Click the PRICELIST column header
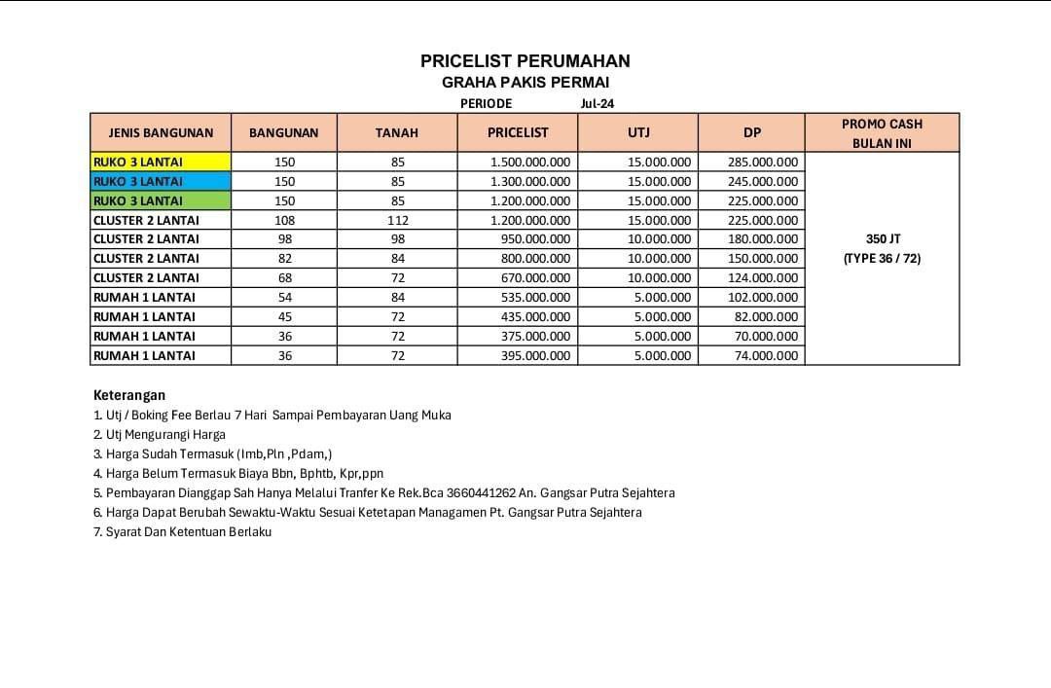tap(518, 132)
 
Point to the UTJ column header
tap(638, 132)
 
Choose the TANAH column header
tap(397, 132)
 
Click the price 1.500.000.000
tap(530, 162)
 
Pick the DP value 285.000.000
tap(763, 162)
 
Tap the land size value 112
tap(398, 220)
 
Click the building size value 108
tap(284, 220)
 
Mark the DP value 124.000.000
tap(763, 278)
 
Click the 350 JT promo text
tap(882, 238)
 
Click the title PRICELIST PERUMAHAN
tap(525, 60)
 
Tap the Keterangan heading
tap(129, 395)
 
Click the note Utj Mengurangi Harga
tap(160, 435)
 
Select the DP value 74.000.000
tap(766, 355)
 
